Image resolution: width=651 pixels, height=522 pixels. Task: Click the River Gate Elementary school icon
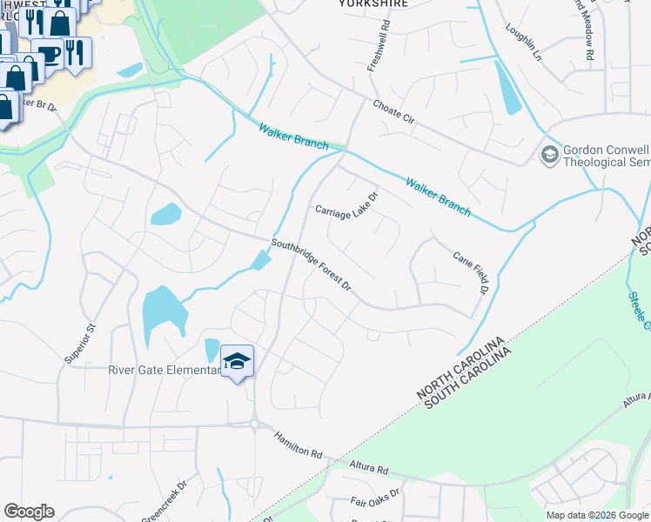[237, 361]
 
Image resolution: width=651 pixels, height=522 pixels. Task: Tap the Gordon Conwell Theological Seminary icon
[549, 155]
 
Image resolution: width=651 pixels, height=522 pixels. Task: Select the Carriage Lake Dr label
[346, 206]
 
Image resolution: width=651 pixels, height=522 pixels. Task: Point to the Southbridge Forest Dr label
[311, 265]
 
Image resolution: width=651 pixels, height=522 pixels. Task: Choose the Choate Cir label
[394, 116]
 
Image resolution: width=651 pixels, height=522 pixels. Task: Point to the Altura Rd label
[368, 469]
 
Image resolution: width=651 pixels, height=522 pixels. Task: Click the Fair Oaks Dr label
[375, 500]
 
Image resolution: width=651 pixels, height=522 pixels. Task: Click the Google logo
[29, 512]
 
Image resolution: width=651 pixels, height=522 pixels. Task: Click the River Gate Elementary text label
[164, 370]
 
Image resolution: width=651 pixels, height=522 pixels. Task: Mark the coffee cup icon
[49, 54]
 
